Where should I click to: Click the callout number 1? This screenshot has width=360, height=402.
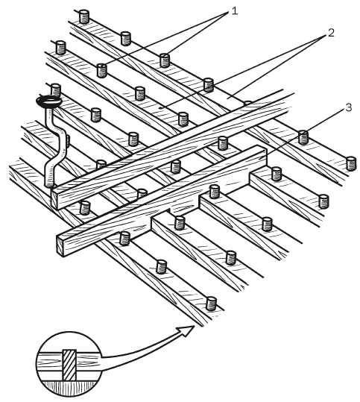(x=235, y=11)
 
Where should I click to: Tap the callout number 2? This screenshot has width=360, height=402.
(x=331, y=33)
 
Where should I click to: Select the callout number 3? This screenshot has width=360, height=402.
(x=349, y=107)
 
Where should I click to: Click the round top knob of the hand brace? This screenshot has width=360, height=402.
(x=49, y=101)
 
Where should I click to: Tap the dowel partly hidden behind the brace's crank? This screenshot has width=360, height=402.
(x=67, y=140)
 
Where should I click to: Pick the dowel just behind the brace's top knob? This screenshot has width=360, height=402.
(x=55, y=89)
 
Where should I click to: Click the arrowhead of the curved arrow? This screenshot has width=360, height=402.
(x=186, y=331)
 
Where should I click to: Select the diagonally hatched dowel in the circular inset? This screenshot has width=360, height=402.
(x=69, y=365)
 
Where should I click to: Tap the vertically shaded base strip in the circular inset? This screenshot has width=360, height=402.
(x=69, y=388)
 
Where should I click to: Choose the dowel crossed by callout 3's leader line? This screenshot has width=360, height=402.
(x=303, y=137)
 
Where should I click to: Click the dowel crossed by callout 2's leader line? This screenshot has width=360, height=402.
(x=209, y=85)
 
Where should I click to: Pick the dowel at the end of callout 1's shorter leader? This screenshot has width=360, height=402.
(x=165, y=60)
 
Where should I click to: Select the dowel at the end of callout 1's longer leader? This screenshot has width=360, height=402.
(x=102, y=71)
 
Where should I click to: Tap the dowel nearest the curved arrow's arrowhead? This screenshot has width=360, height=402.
(x=212, y=304)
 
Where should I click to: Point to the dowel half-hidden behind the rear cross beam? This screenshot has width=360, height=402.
(x=247, y=103)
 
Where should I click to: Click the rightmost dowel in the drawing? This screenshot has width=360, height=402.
(x=351, y=163)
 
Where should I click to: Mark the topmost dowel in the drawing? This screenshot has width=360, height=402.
(x=84, y=16)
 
